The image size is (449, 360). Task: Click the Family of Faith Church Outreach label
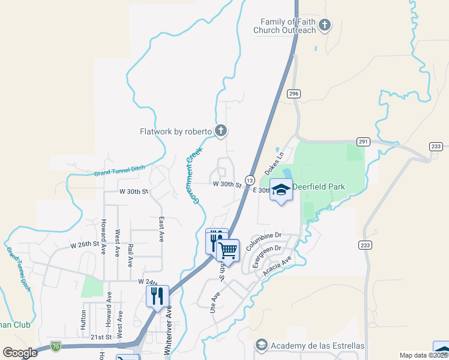click(284, 26)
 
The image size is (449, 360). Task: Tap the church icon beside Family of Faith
click(325, 25)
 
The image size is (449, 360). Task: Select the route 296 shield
click(293, 94)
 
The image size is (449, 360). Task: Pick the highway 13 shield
click(249, 180)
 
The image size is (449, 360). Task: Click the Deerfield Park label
click(319, 187)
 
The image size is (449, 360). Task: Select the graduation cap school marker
click(280, 190)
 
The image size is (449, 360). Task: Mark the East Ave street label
click(161, 229)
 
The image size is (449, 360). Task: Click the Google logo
click(20, 353)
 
